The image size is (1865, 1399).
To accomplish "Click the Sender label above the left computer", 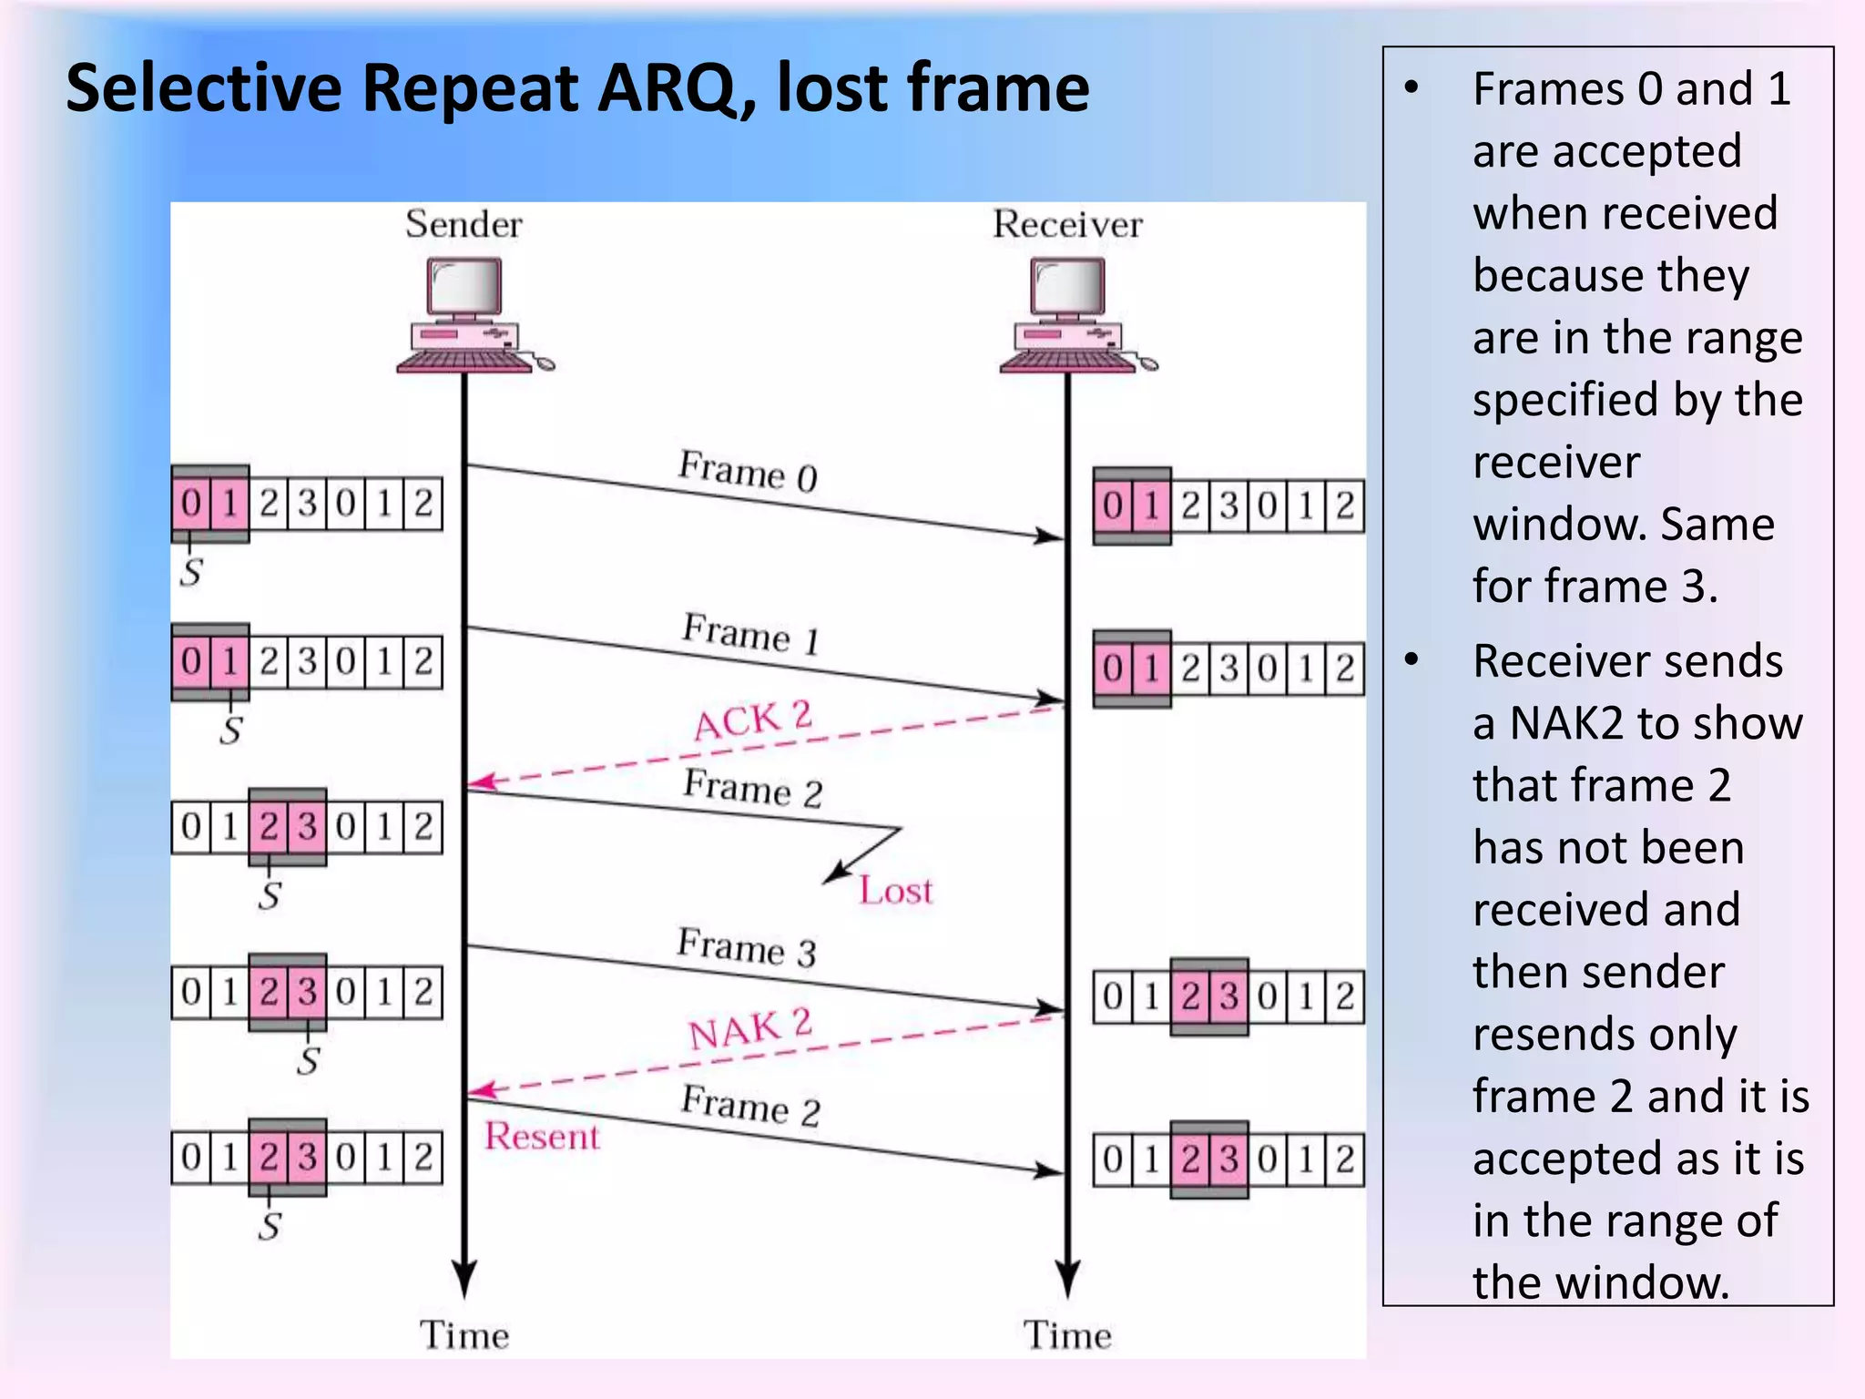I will pyautogui.click(x=464, y=224).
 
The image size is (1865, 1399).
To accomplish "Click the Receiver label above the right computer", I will pyautogui.click(x=1067, y=224).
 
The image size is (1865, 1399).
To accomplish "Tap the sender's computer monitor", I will pyautogui.click(x=464, y=286).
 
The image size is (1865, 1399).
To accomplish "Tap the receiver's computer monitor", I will pyautogui.click(x=1067, y=286).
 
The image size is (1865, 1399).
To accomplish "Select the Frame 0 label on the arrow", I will pyautogui.click(x=748, y=471).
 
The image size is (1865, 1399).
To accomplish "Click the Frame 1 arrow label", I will pyautogui.click(x=751, y=633).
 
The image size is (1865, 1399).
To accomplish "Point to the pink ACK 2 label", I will pyautogui.click(x=752, y=720).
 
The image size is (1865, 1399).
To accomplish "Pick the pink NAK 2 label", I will pyautogui.click(x=749, y=1029).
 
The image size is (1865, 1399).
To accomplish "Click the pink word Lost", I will pyautogui.click(x=896, y=891).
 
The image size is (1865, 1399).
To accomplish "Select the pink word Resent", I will pyautogui.click(x=542, y=1137).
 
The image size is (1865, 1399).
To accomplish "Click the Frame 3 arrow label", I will pyautogui.click(x=747, y=947).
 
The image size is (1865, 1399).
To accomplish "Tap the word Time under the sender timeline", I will pyautogui.click(x=464, y=1335).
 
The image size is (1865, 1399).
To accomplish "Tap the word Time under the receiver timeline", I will pyautogui.click(x=1067, y=1335).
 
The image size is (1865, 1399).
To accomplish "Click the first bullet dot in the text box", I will pyautogui.click(x=1411, y=88).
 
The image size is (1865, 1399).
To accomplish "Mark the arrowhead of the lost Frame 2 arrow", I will pyautogui.click(x=829, y=879).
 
